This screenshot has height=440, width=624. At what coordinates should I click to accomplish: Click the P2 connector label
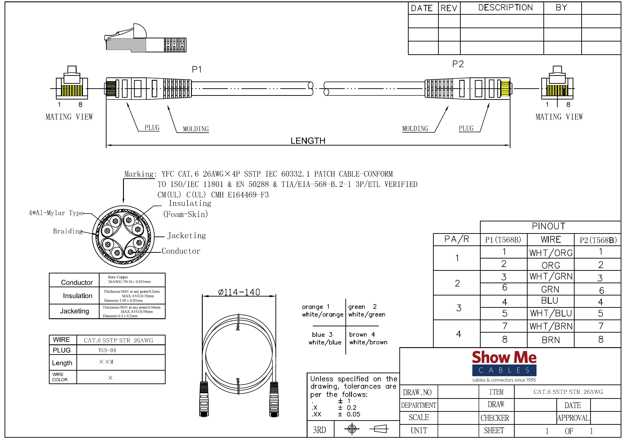pyautogui.click(x=458, y=64)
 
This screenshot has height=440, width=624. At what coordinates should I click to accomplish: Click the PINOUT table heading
pyautogui.click(x=548, y=226)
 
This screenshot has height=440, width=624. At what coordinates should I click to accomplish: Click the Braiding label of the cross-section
pyautogui.click(x=67, y=231)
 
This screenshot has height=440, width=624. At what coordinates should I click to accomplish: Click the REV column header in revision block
pyautogui.click(x=449, y=8)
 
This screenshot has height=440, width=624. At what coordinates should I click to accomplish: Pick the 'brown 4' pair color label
pyautogui.click(x=362, y=334)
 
